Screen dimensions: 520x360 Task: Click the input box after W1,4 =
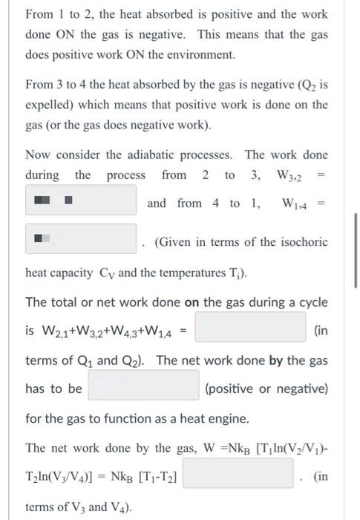[x=81, y=240]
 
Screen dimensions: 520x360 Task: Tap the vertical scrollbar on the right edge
[x=356, y=256]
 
